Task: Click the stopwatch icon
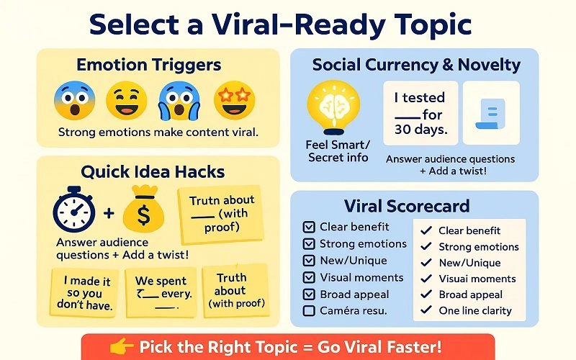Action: pos(75,211)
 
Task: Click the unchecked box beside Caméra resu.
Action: pos(309,310)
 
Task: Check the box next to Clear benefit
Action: pos(309,227)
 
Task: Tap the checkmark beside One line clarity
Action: pos(426,310)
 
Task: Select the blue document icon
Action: pos(490,114)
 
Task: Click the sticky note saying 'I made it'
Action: pos(84,292)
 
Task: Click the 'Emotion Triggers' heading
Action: pos(149,65)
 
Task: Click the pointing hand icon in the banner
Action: pos(120,348)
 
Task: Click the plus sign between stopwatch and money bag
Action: pos(109,213)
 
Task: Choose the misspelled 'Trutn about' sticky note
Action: pos(220,214)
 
